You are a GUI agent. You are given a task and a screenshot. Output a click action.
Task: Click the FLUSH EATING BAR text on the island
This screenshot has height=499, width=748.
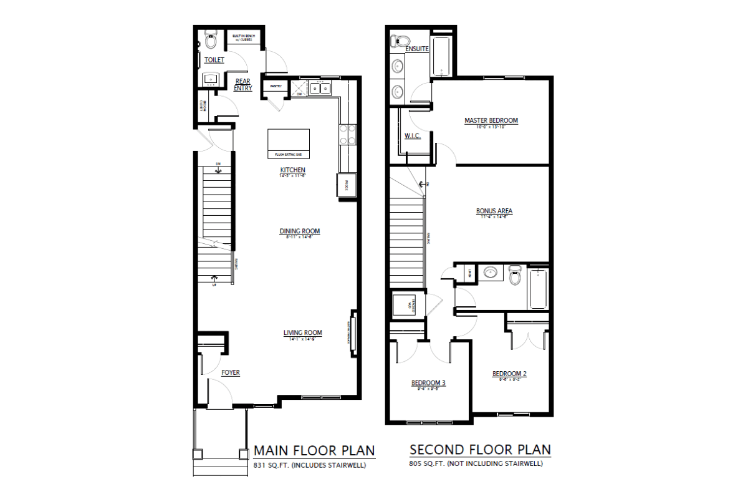pyautogui.click(x=289, y=153)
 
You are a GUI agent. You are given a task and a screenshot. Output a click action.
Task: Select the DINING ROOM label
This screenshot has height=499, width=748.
pyautogui.click(x=299, y=231)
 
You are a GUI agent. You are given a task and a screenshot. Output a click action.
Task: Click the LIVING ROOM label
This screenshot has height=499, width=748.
pyautogui.click(x=303, y=333)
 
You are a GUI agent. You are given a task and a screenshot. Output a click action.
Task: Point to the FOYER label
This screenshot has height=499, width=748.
pyautogui.click(x=231, y=373)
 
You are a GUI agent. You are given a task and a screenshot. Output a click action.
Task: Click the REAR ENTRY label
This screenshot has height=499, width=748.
pyautogui.click(x=243, y=85)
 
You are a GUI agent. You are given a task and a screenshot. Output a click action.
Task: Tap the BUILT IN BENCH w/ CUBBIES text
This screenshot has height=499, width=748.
pyautogui.click(x=242, y=38)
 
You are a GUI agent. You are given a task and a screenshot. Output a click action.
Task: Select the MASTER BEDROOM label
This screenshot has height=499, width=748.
pyautogui.click(x=491, y=120)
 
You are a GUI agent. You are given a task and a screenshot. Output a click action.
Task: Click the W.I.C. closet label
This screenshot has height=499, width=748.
pyautogui.click(x=412, y=135)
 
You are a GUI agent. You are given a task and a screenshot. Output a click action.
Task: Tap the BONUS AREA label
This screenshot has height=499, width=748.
pyautogui.click(x=494, y=211)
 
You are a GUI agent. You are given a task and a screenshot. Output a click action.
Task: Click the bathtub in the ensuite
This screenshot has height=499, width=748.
pyautogui.click(x=441, y=57)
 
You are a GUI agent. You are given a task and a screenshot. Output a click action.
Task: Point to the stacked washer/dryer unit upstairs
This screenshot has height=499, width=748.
pyautogui.click(x=408, y=306)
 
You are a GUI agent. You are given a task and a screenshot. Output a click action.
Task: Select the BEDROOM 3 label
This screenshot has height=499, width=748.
pyautogui.click(x=428, y=382)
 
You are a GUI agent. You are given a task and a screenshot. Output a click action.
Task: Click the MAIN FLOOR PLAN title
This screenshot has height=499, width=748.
pyautogui.click(x=314, y=450)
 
